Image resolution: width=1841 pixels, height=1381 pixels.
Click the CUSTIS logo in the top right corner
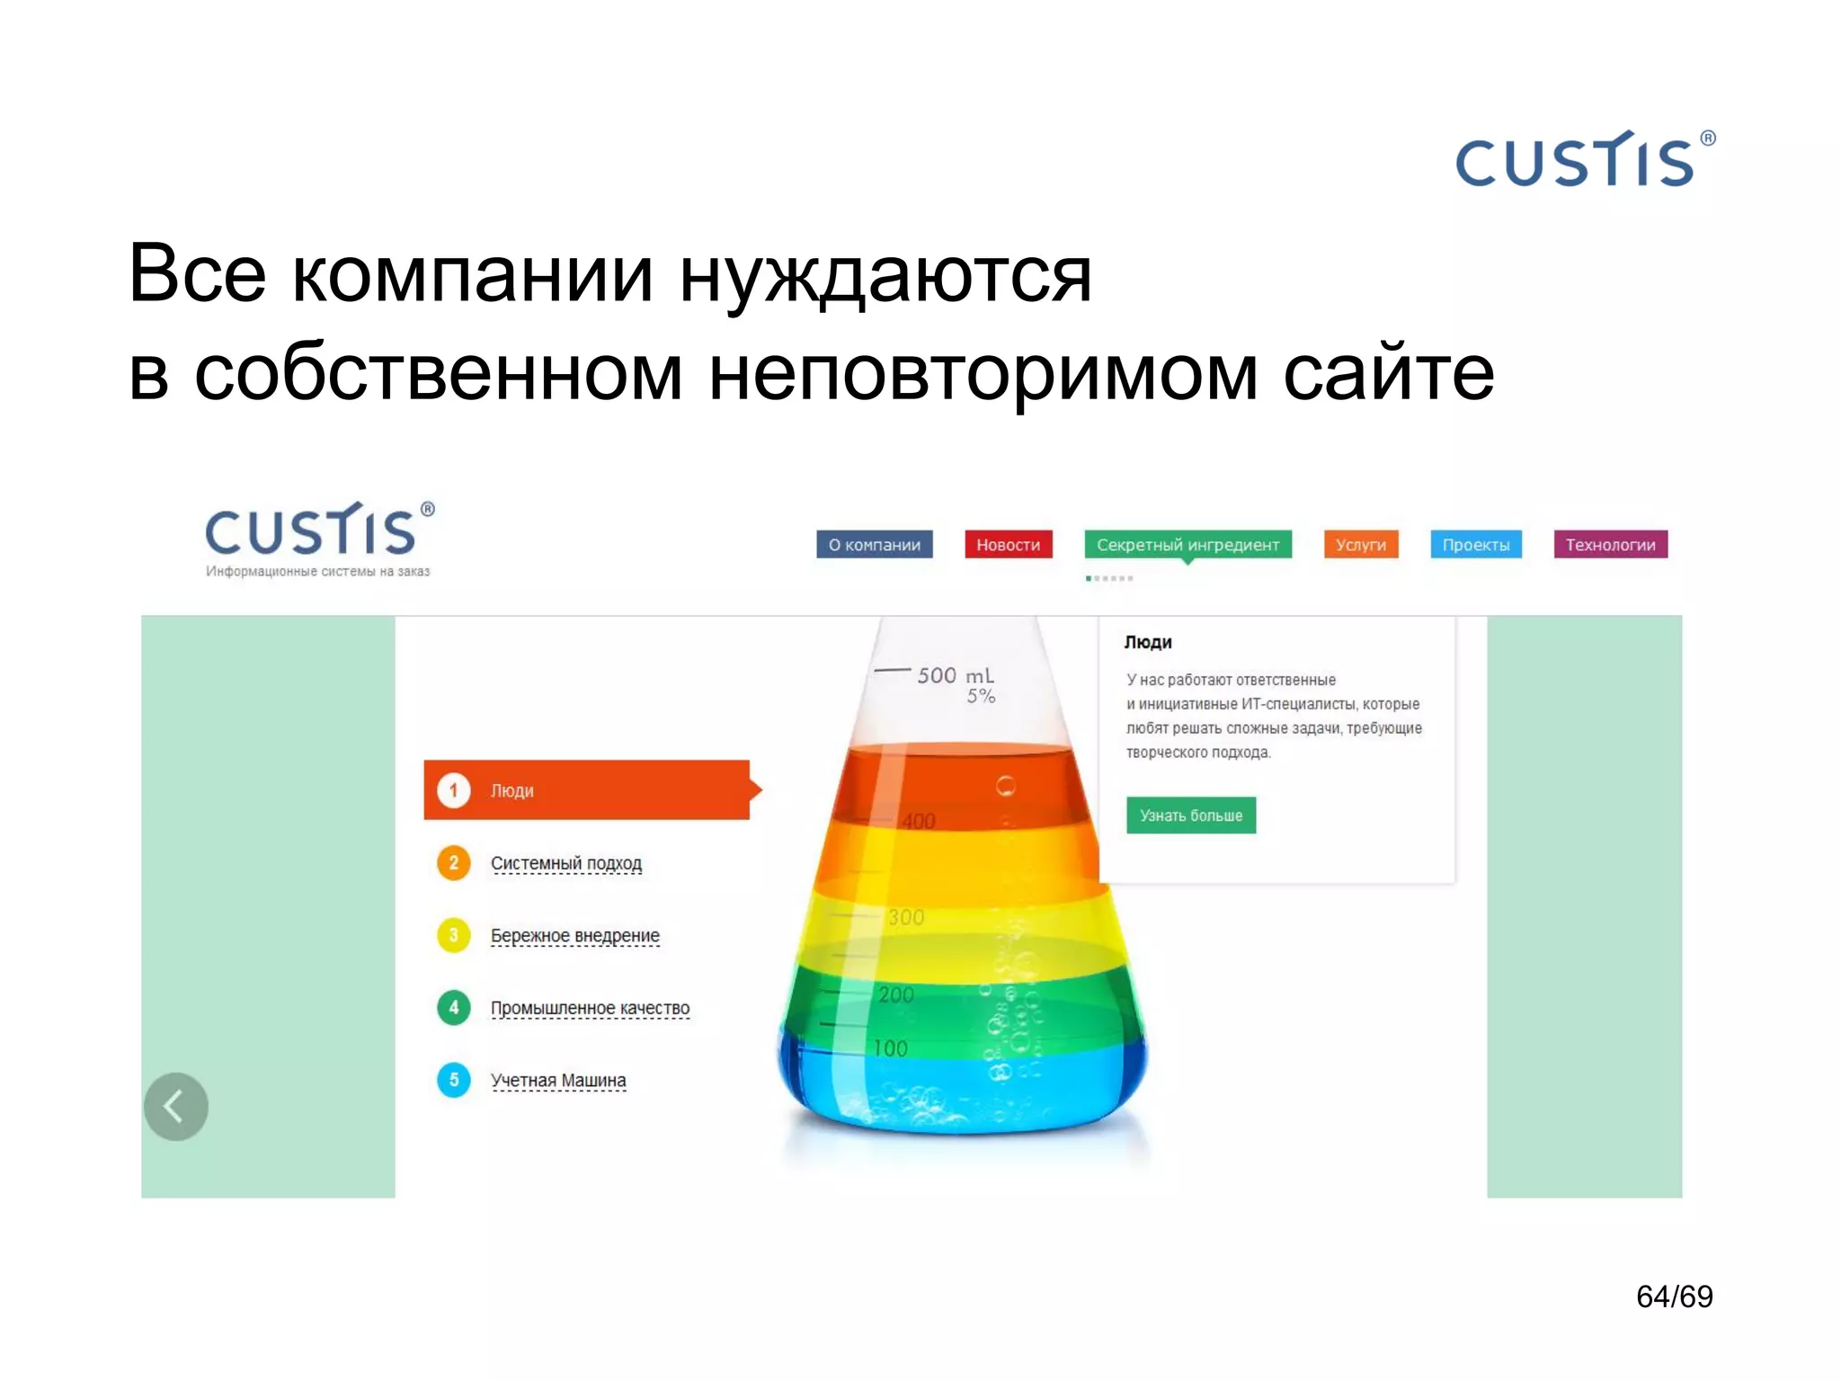(x=1584, y=160)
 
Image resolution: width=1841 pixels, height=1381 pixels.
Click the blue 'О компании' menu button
(x=874, y=545)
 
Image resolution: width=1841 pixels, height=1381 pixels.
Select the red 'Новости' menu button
(x=1008, y=545)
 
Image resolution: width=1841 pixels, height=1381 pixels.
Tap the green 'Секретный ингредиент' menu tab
(x=1187, y=545)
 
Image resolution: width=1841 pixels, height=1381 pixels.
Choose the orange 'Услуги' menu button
(x=1360, y=545)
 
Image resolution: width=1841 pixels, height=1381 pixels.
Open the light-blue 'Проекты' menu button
(x=1475, y=545)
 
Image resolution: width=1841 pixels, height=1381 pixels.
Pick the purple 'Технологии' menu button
(x=1610, y=545)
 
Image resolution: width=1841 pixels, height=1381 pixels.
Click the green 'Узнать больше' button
(x=1190, y=815)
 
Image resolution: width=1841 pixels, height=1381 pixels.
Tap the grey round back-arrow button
(x=176, y=1106)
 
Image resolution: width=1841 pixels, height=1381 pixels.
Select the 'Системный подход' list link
(x=566, y=863)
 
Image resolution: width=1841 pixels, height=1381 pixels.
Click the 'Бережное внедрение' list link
(x=575, y=936)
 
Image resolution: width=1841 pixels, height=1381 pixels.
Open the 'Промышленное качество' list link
(x=590, y=1008)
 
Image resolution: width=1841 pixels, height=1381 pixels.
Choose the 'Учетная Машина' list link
(x=558, y=1080)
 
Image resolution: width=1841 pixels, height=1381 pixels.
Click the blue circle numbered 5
(x=454, y=1080)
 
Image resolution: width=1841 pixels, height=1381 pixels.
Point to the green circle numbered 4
(x=454, y=1008)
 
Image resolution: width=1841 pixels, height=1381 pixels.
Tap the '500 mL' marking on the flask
(x=955, y=675)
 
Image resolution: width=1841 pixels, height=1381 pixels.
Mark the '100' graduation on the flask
(x=891, y=1048)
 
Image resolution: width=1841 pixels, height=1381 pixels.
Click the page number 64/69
(x=1674, y=1296)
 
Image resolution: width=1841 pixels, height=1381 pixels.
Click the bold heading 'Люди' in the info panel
(x=1148, y=642)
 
